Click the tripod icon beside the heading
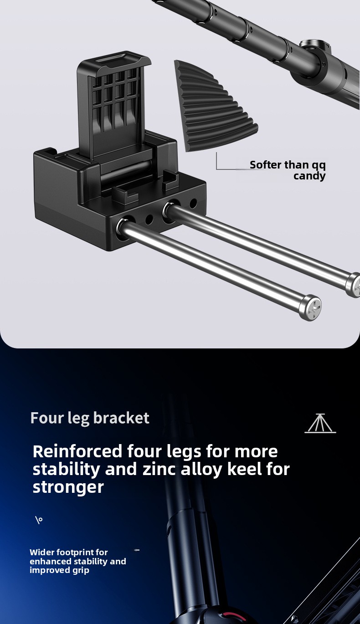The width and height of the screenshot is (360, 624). coord(320,423)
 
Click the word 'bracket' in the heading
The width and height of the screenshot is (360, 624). coord(121,418)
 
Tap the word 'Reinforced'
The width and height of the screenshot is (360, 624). coord(77,451)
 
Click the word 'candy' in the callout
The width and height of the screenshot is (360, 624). coord(309,176)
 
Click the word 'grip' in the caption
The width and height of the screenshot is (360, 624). coord(81,570)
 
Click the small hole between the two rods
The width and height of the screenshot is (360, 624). coord(149,219)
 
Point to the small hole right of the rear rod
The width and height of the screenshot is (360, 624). coord(193,203)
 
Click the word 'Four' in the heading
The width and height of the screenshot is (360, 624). coord(47,418)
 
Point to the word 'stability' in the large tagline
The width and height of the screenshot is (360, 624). coord(66,470)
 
